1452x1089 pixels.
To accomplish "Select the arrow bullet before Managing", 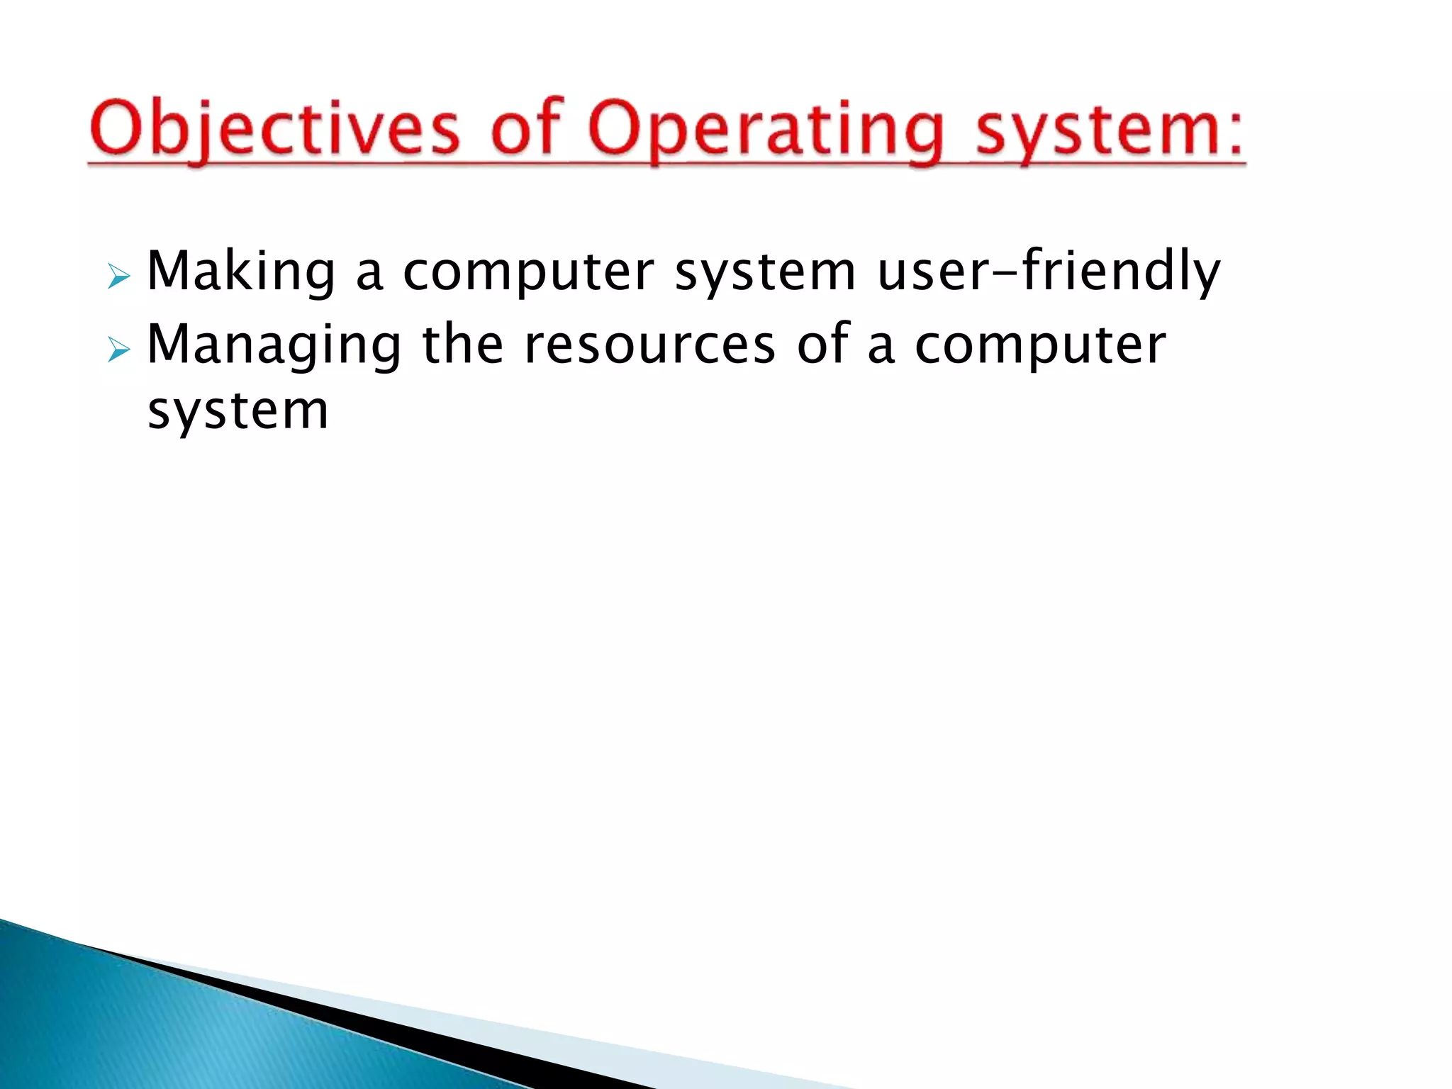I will (x=118, y=349).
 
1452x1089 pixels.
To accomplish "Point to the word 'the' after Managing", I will (x=462, y=344).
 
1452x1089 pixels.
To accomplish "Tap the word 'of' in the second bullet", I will (x=822, y=344).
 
